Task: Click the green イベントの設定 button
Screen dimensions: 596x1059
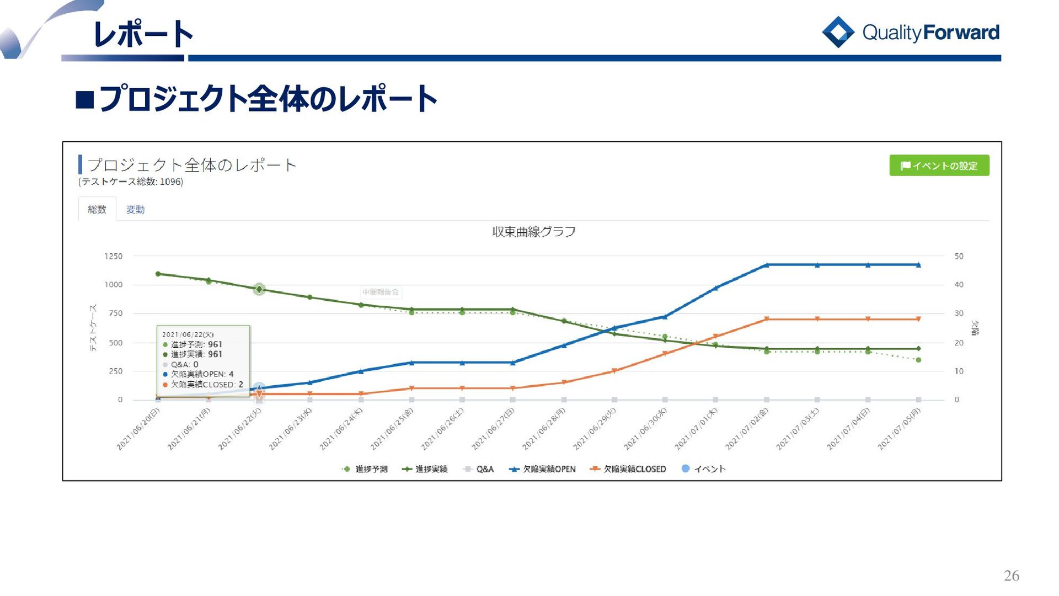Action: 939,166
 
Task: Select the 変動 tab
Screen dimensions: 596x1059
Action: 135,210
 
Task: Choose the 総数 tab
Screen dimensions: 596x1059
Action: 97,210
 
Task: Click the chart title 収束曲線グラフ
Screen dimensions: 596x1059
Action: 533,232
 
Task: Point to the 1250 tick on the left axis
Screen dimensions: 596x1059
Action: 113,257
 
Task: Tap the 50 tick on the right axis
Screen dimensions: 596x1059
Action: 959,257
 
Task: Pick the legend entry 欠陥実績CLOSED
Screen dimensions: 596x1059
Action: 628,469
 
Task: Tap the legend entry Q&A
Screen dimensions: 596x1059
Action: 479,469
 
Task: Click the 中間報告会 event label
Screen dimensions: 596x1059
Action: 381,292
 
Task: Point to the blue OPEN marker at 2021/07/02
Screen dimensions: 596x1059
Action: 767,265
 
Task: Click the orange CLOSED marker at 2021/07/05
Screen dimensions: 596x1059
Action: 918,319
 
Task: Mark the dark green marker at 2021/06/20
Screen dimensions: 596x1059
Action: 158,274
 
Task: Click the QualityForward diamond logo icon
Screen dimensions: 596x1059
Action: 838,32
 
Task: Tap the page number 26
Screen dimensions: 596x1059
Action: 1012,576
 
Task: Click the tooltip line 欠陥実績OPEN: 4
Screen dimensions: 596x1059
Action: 202,374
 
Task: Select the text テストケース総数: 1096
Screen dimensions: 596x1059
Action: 131,182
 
